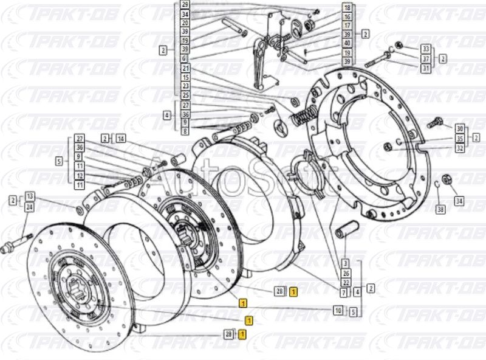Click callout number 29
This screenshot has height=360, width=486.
point(185,5)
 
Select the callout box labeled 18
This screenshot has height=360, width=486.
point(346,8)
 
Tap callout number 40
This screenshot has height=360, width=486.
point(346,43)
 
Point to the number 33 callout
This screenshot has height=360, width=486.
point(425,49)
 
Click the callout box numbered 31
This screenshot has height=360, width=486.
point(425,68)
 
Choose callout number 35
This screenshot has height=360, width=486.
point(460,138)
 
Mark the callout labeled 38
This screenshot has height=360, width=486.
point(440,209)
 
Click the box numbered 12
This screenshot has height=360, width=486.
point(79,175)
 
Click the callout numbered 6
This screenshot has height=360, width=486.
point(185,58)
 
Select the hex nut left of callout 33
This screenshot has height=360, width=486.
point(399,46)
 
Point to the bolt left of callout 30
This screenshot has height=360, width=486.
point(435,122)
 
